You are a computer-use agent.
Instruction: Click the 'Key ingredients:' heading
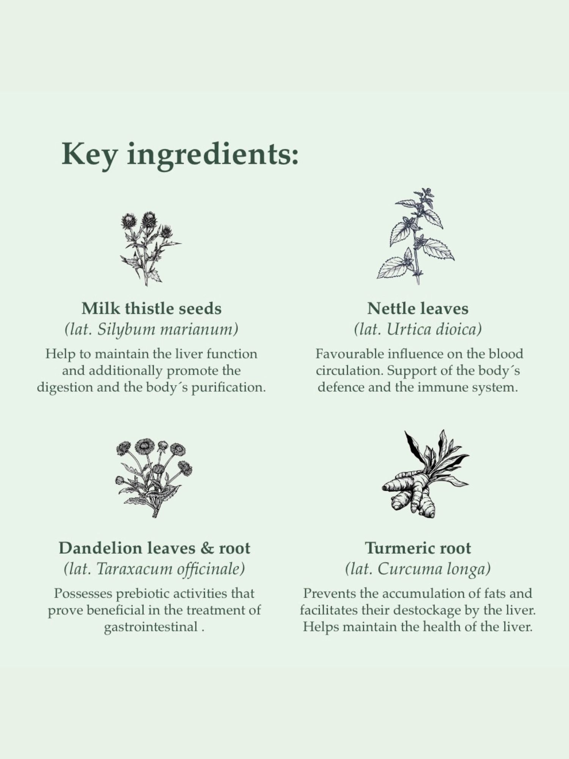tap(180, 154)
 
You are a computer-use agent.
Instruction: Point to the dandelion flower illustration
tap(154, 478)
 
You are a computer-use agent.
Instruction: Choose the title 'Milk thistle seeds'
tap(151, 308)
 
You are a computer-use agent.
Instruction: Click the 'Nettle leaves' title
tap(418, 308)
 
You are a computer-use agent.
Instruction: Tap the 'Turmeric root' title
tap(418, 548)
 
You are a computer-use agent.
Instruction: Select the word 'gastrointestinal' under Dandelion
tap(151, 627)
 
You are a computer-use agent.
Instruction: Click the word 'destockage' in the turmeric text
tap(425, 610)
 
